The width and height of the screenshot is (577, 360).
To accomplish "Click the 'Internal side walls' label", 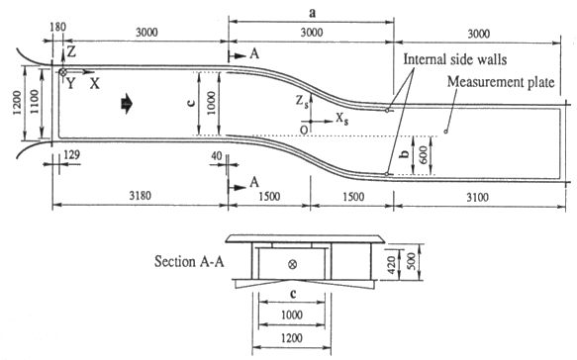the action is click(455, 59).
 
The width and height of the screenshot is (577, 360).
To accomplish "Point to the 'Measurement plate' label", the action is click(501, 82).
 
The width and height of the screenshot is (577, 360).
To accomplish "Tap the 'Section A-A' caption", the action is click(189, 261).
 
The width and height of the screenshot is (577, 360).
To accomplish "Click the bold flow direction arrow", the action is click(127, 104).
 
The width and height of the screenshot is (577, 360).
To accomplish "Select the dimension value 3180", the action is click(140, 196).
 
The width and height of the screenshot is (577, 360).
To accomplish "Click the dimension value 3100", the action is click(478, 198).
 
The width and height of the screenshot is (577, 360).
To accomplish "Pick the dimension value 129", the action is click(72, 154).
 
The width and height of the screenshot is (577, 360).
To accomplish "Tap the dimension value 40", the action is click(217, 156).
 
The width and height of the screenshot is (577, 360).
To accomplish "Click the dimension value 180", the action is click(57, 27).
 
